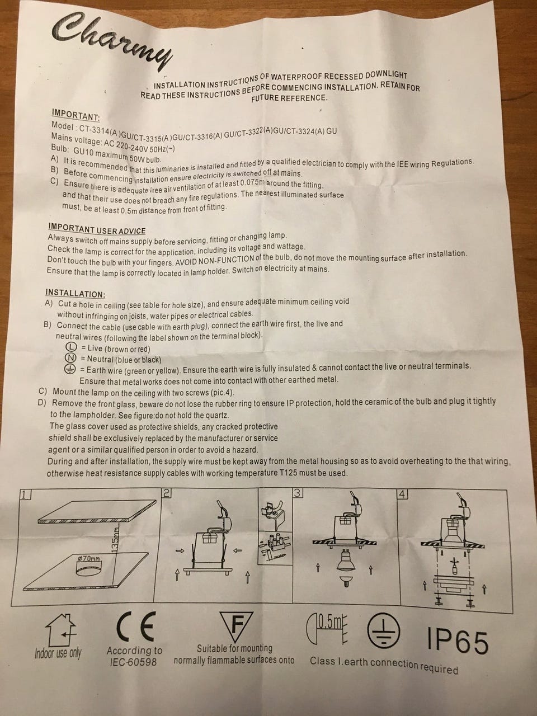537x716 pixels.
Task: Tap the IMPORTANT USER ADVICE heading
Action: [x=97, y=229]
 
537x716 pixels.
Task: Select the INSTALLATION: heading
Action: [x=76, y=293]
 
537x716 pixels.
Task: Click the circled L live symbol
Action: [x=71, y=347]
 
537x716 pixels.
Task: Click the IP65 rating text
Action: [x=458, y=642]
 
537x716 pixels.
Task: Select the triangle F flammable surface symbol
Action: [x=237, y=626]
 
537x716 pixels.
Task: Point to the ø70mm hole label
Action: [x=89, y=559]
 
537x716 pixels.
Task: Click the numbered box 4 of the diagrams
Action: [x=402, y=494]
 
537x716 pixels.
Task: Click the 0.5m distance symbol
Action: [x=327, y=627]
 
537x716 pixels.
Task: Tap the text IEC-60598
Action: [x=133, y=662]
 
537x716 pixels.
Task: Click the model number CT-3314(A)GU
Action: [x=106, y=133]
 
